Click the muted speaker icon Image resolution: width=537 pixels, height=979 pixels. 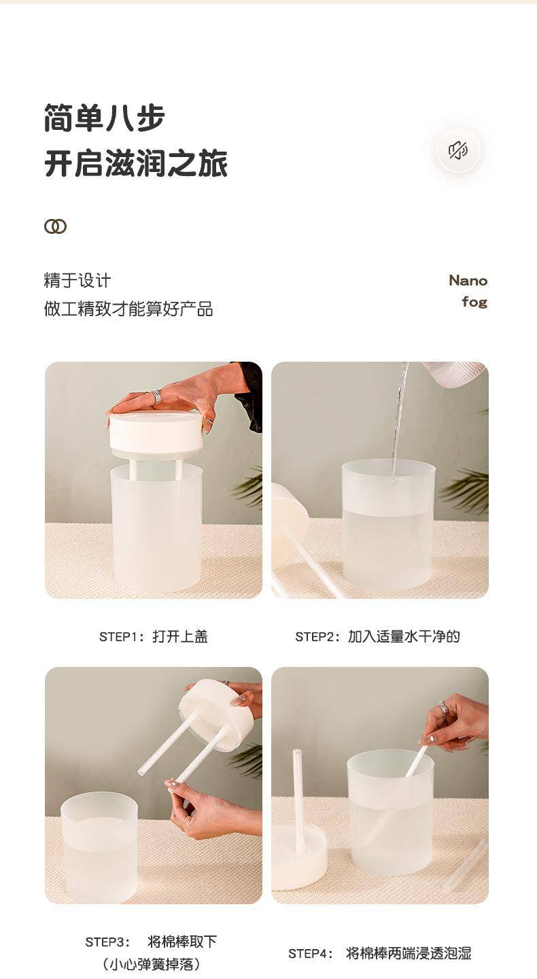(458, 150)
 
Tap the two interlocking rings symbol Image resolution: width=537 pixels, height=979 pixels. (56, 226)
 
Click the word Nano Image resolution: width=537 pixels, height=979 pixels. (468, 280)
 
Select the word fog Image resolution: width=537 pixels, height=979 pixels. (474, 302)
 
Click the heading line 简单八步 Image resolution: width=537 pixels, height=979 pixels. (105, 118)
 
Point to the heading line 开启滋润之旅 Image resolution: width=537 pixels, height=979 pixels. (136, 163)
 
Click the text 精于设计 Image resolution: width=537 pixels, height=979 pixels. (77, 281)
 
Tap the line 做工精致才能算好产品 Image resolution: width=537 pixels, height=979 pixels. (128, 309)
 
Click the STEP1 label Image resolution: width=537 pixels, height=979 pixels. (119, 637)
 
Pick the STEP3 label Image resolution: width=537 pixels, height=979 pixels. (107, 942)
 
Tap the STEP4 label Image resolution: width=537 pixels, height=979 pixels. (310, 954)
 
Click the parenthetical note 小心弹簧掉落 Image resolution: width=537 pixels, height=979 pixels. (151, 964)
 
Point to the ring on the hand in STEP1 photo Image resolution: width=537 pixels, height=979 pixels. (156, 396)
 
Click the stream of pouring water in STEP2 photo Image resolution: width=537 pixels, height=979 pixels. (400, 419)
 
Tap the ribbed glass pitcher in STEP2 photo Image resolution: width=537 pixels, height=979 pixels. (455, 373)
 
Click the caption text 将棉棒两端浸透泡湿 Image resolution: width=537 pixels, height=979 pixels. (409, 953)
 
